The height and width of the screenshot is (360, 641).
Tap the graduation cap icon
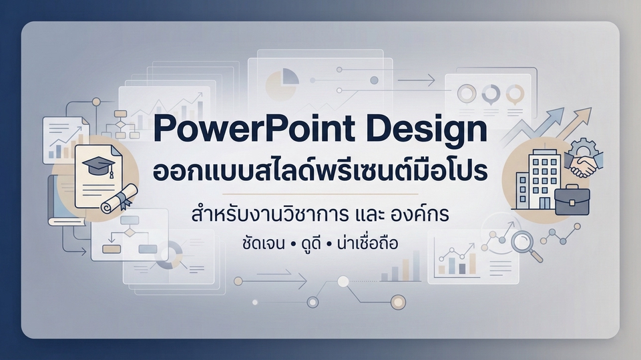[98, 165]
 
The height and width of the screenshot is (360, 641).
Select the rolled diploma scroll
[120, 198]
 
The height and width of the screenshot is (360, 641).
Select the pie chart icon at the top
[282, 82]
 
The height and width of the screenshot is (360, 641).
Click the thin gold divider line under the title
[320, 194]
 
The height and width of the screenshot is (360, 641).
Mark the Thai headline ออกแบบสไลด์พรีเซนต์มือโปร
[320, 170]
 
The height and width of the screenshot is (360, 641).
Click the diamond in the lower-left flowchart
[130, 233]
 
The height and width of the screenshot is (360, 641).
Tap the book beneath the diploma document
[65, 201]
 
